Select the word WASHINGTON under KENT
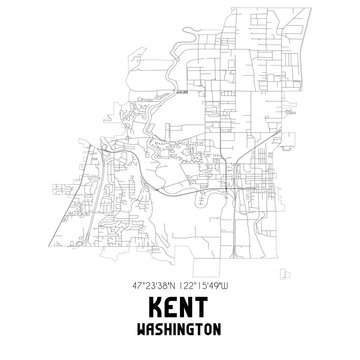[x=180, y=328]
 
